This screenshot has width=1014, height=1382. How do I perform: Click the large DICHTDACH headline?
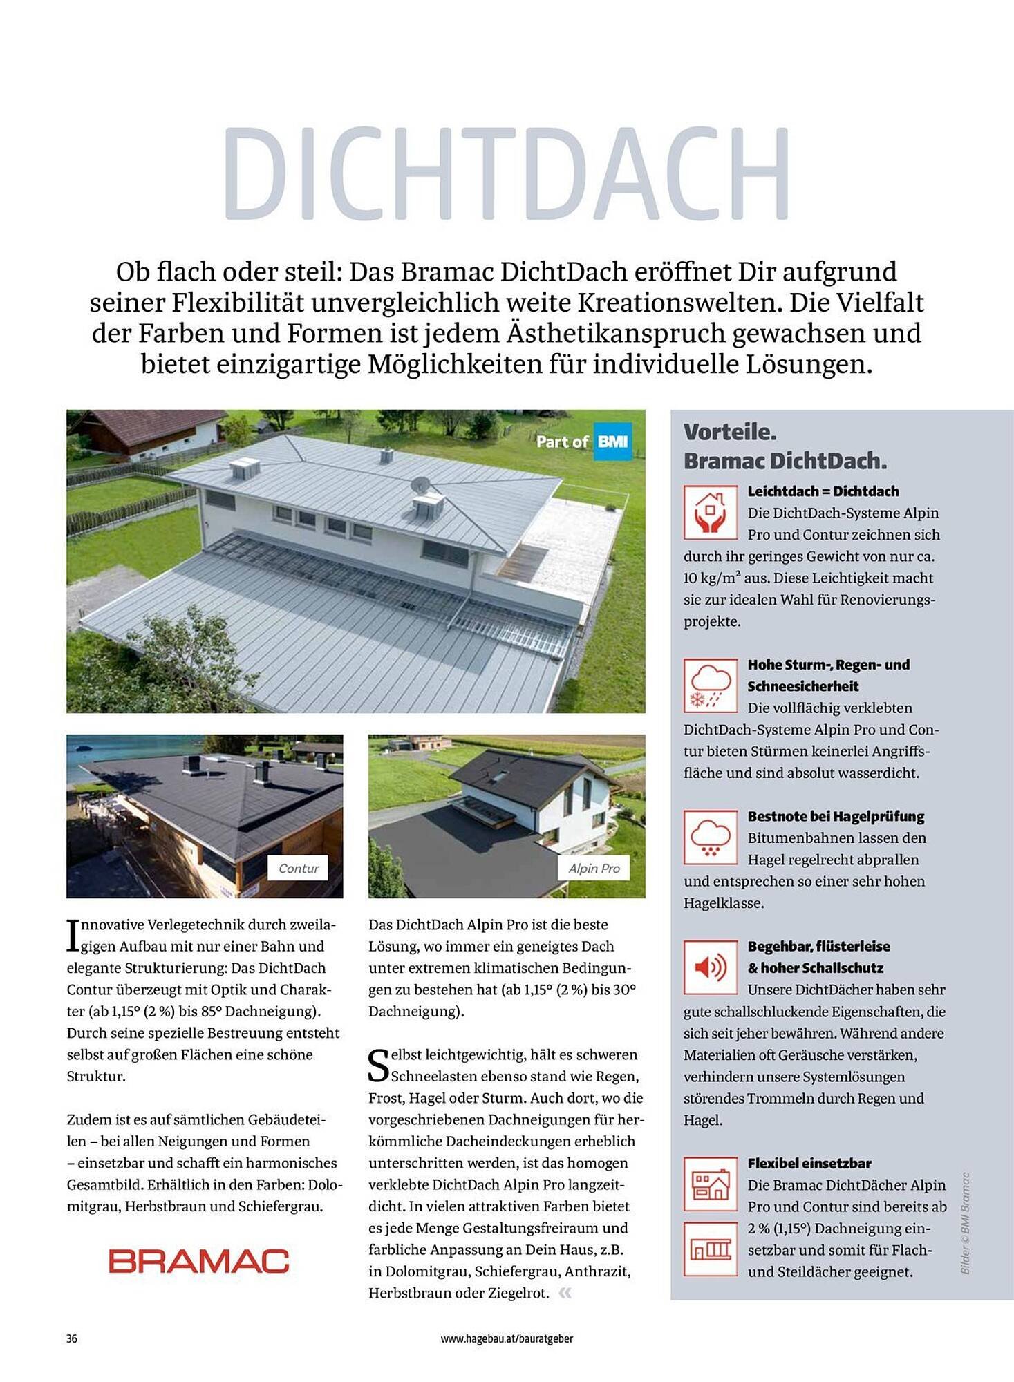506,173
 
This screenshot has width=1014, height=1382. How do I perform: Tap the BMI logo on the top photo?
612,442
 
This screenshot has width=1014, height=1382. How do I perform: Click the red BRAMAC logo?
198,1261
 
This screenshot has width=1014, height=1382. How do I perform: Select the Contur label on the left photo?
299,868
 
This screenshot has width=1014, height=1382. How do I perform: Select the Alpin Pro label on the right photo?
594,868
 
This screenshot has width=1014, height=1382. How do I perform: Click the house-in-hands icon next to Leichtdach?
710,512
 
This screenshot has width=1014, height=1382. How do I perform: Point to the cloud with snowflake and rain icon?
710,685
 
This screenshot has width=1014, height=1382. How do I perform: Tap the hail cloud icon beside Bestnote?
710,837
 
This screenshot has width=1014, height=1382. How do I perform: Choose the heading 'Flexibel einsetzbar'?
809,1163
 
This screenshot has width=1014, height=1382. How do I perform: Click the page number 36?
72,1338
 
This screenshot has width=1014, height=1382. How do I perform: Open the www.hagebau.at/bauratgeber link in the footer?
507,1338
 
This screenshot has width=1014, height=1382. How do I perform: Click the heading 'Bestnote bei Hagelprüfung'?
835,816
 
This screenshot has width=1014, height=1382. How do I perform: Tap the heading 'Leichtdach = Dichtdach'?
823,491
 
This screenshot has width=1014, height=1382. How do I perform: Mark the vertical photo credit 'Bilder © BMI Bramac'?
966,1223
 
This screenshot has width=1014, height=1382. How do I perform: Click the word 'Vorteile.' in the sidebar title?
730,432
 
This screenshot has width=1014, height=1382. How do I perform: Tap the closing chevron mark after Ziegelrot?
565,1293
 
